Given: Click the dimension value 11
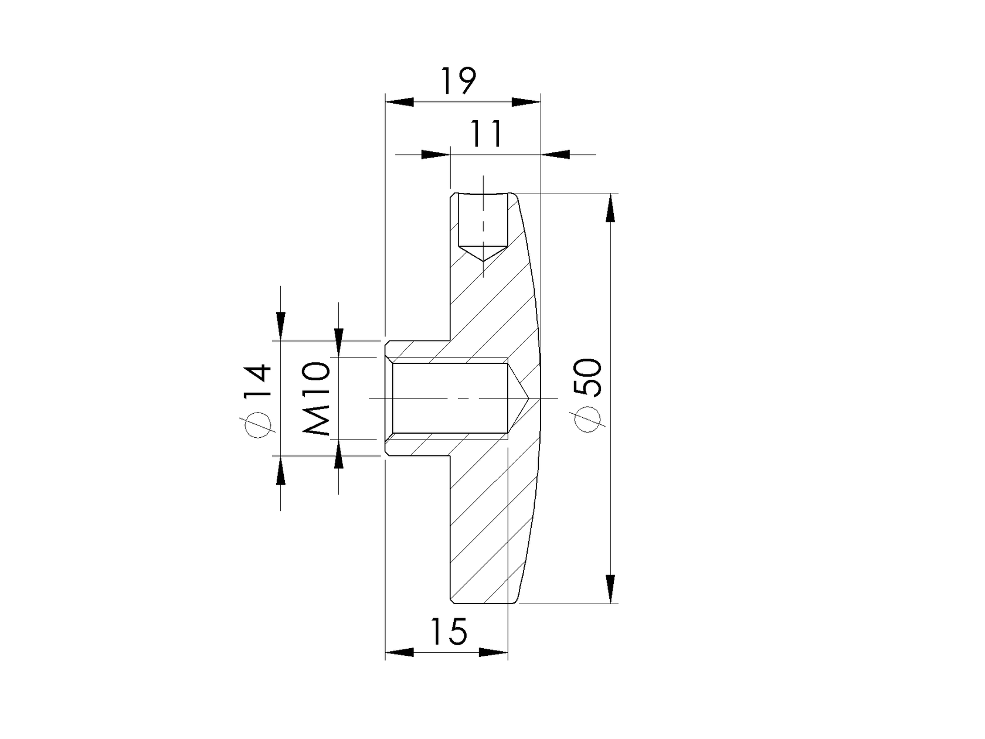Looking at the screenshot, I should click(x=487, y=134).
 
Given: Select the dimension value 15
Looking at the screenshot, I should click(x=450, y=631).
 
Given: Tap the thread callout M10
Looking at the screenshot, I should click(x=317, y=399).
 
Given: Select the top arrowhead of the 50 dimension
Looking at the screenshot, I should click(x=610, y=208).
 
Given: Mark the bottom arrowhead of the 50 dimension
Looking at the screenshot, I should click(x=610, y=588).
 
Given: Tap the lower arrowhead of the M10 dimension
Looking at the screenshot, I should click(x=338, y=455).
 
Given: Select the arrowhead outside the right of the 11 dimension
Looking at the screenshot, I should click(x=555, y=155).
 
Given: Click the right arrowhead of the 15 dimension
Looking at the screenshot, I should click(x=493, y=652).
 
